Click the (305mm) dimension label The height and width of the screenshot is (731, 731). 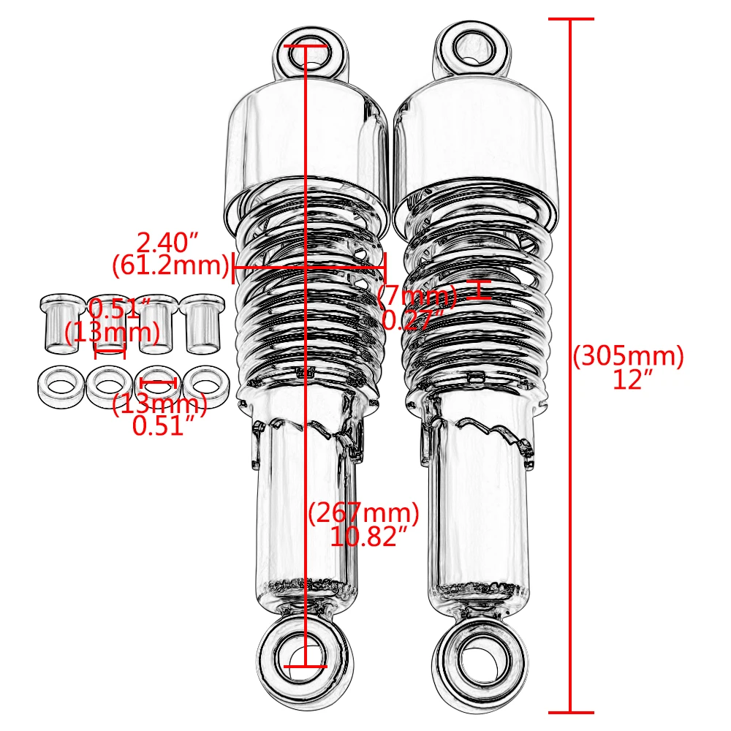(x=628, y=356)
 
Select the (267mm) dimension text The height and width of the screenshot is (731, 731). (x=363, y=513)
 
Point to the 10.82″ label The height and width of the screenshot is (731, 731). (x=367, y=537)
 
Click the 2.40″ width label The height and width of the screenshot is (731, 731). (x=167, y=241)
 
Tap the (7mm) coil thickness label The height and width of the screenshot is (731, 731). (x=417, y=296)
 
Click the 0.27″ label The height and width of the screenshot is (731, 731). (x=414, y=319)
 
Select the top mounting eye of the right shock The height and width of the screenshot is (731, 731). (x=471, y=47)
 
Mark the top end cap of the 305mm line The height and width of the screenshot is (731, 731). (x=570, y=18)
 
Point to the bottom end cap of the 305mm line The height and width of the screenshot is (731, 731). (x=570, y=711)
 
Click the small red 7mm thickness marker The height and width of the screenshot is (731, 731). (x=479, y=289)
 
